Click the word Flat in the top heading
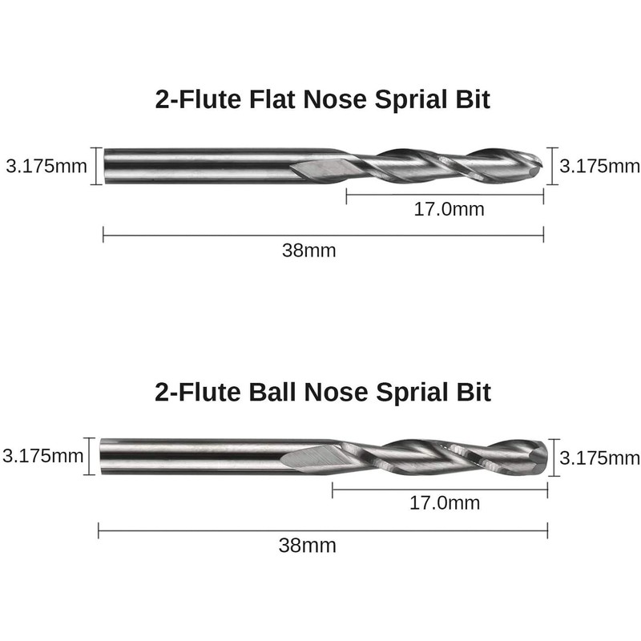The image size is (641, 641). click(x=272, y=99)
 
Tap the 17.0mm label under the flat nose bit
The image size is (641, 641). click(x=449, y=209)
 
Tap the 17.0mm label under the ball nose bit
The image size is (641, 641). click(x=445, y=503)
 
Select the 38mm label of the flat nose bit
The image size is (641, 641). click(x=309, y=251)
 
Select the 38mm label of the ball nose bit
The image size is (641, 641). click(x=308, y=546)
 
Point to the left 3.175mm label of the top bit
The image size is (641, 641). click(x=46, y=167)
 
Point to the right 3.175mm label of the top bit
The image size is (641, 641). click(x=599, y=167)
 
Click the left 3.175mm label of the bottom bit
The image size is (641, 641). click(x=43, y=456)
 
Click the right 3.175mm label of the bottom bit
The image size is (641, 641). click(x=599, y=458)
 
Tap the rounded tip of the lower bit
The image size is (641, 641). click(x=545, y=457)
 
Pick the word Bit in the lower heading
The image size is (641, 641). click(x=474, y=392)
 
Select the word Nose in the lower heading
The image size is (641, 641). click(x=336, y=392)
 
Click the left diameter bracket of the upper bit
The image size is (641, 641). click(x=96, y=166)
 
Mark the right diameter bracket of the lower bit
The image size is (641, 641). click(x=554, y=458)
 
